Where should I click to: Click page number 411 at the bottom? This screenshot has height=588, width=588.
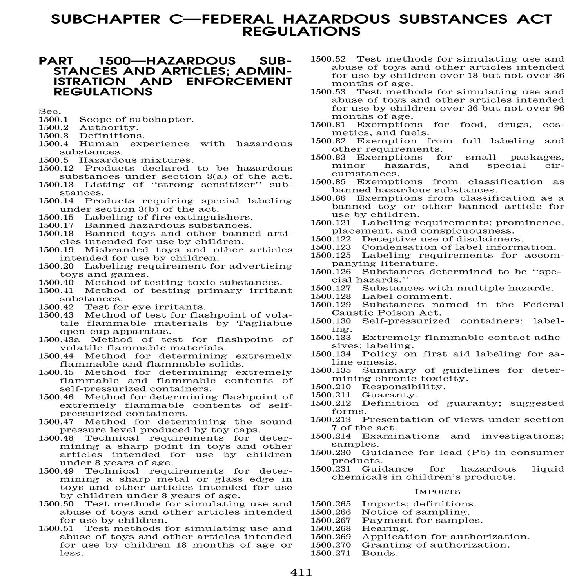click(301, 573)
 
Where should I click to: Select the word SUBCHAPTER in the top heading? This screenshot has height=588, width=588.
click(103, 19)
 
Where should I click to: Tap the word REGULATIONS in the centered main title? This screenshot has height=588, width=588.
click(301, 31)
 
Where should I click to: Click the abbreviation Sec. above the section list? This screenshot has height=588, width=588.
click(47, 111)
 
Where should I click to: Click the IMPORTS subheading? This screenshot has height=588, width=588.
click(437, 492)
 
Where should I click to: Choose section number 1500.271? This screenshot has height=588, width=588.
click(331, 553)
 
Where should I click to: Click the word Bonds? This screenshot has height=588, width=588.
click(379, 553)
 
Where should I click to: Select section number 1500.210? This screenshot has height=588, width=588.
click(331, 387)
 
